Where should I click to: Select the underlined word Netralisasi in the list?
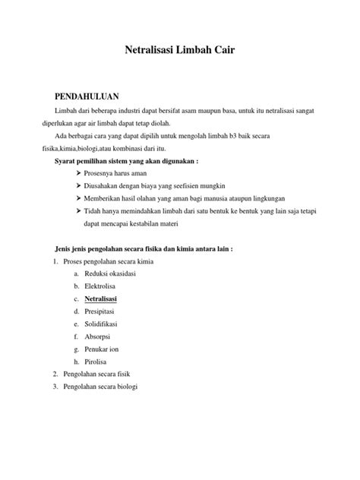click(106, 298)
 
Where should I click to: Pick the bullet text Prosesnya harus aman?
click(121, 173)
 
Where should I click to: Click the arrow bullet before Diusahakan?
click(79, 186)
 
